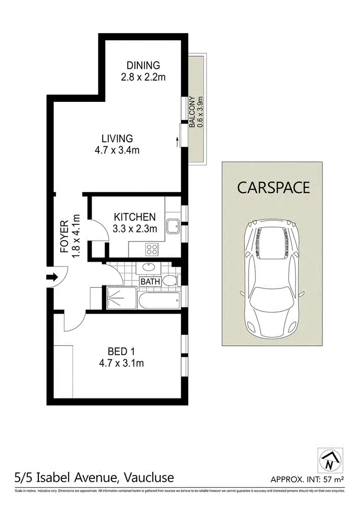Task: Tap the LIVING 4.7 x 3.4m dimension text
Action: (117, 150)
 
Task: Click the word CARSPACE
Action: (274, 187)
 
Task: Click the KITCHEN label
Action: (134, 217)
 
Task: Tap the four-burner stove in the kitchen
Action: (152, 249)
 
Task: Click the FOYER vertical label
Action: (64, 235)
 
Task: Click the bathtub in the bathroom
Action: (158, 300)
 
